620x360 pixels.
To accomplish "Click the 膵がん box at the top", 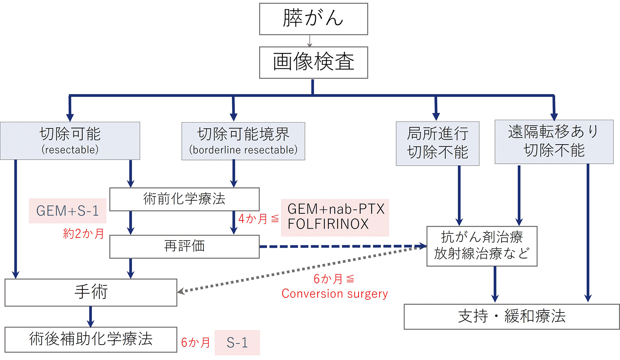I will pos(313,19).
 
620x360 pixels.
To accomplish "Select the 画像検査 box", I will pos(313,62).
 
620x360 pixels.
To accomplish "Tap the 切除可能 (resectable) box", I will pos(70,141).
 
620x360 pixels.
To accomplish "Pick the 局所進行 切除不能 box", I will pos(437,143).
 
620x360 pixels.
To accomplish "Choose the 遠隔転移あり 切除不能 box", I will pos(554,141).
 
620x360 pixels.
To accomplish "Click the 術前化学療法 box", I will pos(184,199).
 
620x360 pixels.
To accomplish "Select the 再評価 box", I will pos(184,246).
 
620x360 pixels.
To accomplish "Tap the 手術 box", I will pos(91,292).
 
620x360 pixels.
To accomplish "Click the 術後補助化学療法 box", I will pos(91,339).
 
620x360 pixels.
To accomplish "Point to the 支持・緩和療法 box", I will pos(511,316).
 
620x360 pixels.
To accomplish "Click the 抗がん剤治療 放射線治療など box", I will pos(482,246).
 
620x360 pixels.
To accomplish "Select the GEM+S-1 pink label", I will pos(68,211).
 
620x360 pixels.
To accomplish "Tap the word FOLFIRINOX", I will pos(328,224).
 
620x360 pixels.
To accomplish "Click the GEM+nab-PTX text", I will pos(336,209).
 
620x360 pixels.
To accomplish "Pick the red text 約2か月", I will pos(84,234).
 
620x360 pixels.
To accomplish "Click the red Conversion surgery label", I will pos(334,294).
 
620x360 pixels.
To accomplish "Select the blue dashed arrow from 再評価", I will pos(341,246).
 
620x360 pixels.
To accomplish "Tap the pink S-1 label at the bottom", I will pos(237,342).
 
